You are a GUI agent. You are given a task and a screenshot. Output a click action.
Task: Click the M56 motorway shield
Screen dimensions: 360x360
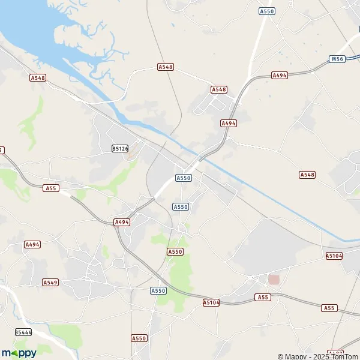point(338,59)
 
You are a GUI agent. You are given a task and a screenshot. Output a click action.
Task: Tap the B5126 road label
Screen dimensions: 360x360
point(120,148)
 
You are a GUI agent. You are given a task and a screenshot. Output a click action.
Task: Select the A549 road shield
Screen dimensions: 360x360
point(50,282)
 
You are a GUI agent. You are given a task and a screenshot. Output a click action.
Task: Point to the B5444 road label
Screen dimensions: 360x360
point(23,332)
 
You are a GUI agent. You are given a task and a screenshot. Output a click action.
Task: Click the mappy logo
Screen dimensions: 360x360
point(19,353)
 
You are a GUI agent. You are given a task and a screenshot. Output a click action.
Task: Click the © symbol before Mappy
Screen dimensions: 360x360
point(280,356)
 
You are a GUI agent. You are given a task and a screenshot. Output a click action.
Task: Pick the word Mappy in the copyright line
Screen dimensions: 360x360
point(294,356)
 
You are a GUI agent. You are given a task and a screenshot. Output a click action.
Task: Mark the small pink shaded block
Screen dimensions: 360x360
point(274,279)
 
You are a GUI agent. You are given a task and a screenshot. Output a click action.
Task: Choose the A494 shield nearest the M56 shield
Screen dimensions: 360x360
point(280,75)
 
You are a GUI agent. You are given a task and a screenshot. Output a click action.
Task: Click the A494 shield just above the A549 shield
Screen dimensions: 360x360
point(32,244)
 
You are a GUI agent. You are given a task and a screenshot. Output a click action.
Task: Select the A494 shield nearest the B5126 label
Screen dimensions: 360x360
point(122,222)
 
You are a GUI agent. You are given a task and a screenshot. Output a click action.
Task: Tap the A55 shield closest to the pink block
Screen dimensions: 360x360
point(262,297)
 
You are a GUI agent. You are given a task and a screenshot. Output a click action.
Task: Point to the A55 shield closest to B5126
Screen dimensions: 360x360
point(51,188)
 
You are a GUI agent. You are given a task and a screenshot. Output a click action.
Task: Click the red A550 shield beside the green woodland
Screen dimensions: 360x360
point(175,251)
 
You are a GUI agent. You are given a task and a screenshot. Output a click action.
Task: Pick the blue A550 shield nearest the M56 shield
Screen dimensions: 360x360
point(266,11)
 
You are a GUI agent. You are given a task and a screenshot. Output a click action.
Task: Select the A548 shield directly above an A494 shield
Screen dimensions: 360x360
point(219,89)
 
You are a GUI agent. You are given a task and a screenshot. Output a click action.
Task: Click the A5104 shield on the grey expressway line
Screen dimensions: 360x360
point(211,303)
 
